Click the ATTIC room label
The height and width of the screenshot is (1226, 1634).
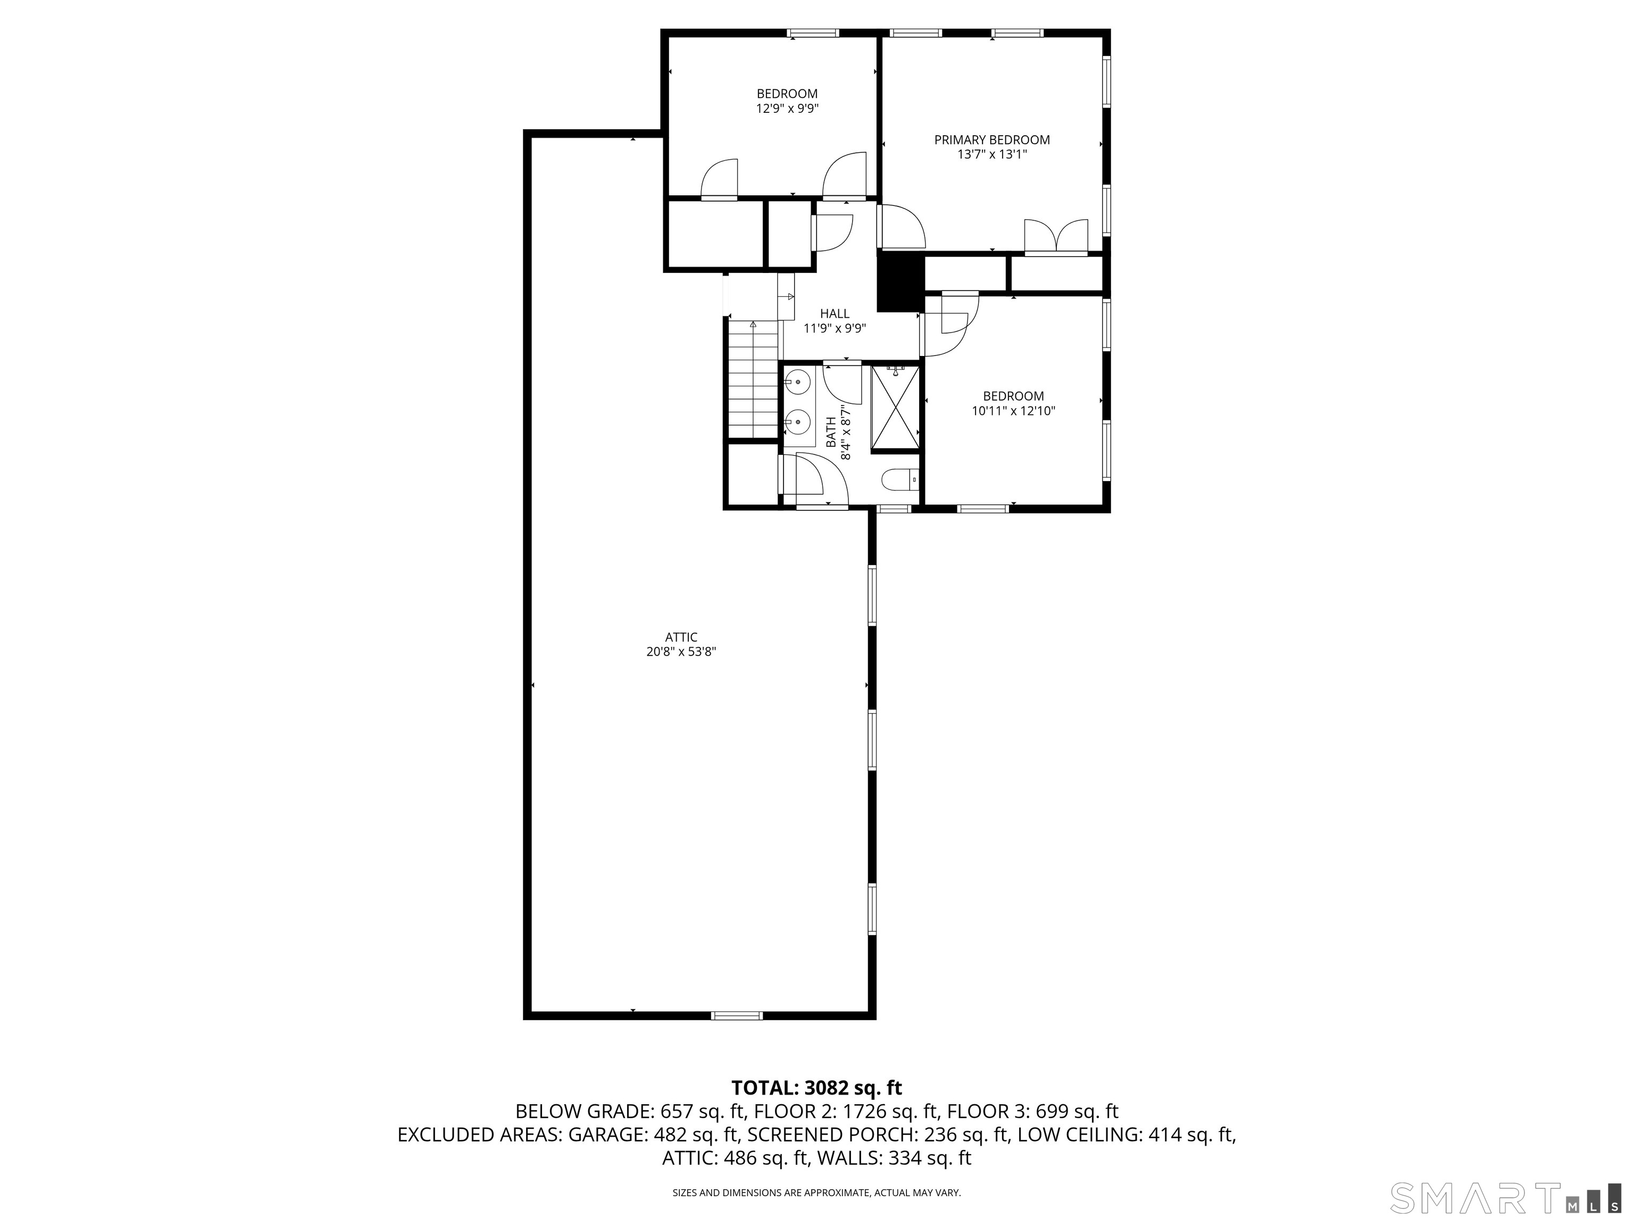coord(681,637)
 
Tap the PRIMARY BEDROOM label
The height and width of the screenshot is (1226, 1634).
coord(992,139)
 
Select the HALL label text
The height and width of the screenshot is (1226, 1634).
coord(835,314)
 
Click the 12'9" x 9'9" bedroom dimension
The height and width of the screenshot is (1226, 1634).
coord(787,109)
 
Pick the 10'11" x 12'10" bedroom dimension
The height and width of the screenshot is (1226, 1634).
coord(1013,411)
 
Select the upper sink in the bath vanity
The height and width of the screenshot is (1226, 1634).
coord(798,383)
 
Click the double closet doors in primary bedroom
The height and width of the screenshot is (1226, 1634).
coord(1056,236)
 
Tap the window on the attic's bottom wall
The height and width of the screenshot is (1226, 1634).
coord(737,1015)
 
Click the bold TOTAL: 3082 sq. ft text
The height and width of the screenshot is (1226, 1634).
coord(816,1088)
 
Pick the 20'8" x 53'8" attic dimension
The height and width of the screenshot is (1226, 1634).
coord(681,652)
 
